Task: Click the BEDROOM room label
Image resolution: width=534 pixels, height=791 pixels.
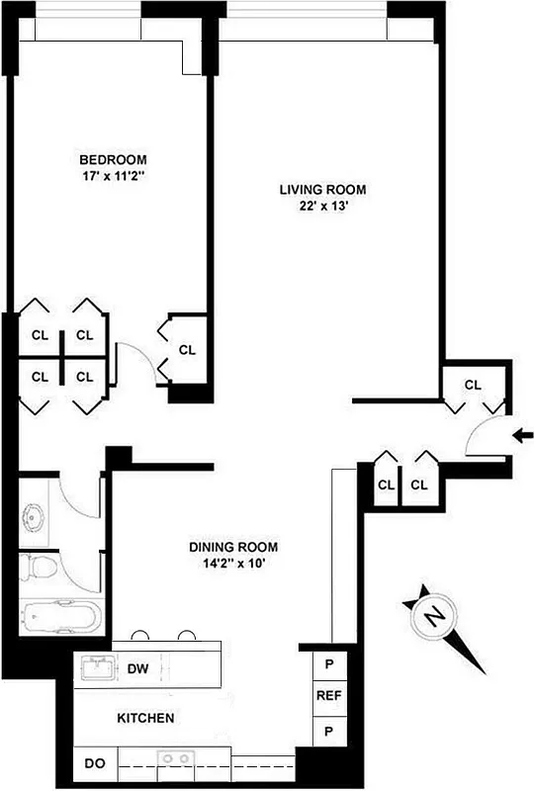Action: click(x=114, y=159)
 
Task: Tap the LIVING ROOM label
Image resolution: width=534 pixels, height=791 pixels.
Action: click(x=322, y=189)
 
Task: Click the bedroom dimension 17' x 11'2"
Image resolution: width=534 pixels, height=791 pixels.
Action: click(x=114, y=177)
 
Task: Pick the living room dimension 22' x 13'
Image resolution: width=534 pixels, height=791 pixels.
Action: click(x=322, y=207)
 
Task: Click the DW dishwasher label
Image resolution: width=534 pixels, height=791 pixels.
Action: click(x=137, y=669)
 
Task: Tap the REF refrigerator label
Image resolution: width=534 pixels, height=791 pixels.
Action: click(x=328, y=696)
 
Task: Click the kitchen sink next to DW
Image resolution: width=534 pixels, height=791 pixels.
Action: click(x=98, y=668)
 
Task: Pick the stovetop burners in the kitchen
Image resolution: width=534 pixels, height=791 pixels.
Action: click(x=178, y=759)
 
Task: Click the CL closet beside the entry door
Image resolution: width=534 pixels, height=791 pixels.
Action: click(x=473, y=385)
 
